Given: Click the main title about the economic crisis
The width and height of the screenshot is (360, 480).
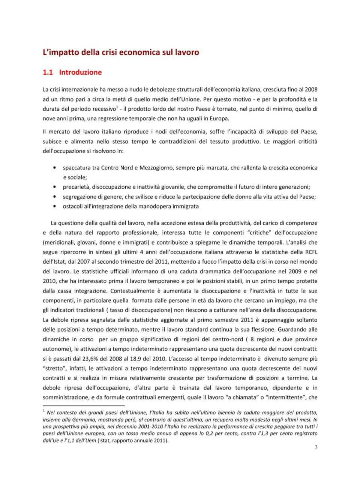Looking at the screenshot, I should (x=121, y=52).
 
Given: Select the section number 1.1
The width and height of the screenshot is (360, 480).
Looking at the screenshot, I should (x=48, y=72).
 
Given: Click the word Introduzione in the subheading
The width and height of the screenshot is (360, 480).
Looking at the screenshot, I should (x=80, y=72).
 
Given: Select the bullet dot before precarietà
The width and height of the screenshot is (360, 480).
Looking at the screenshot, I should (x=55, y=187).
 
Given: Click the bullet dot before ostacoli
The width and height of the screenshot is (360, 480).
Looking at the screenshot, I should (x=55, y=206).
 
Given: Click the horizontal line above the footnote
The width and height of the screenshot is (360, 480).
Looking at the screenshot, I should (x=83, y=406).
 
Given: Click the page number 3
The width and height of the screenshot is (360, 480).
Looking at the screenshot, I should (x=316, y=447).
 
